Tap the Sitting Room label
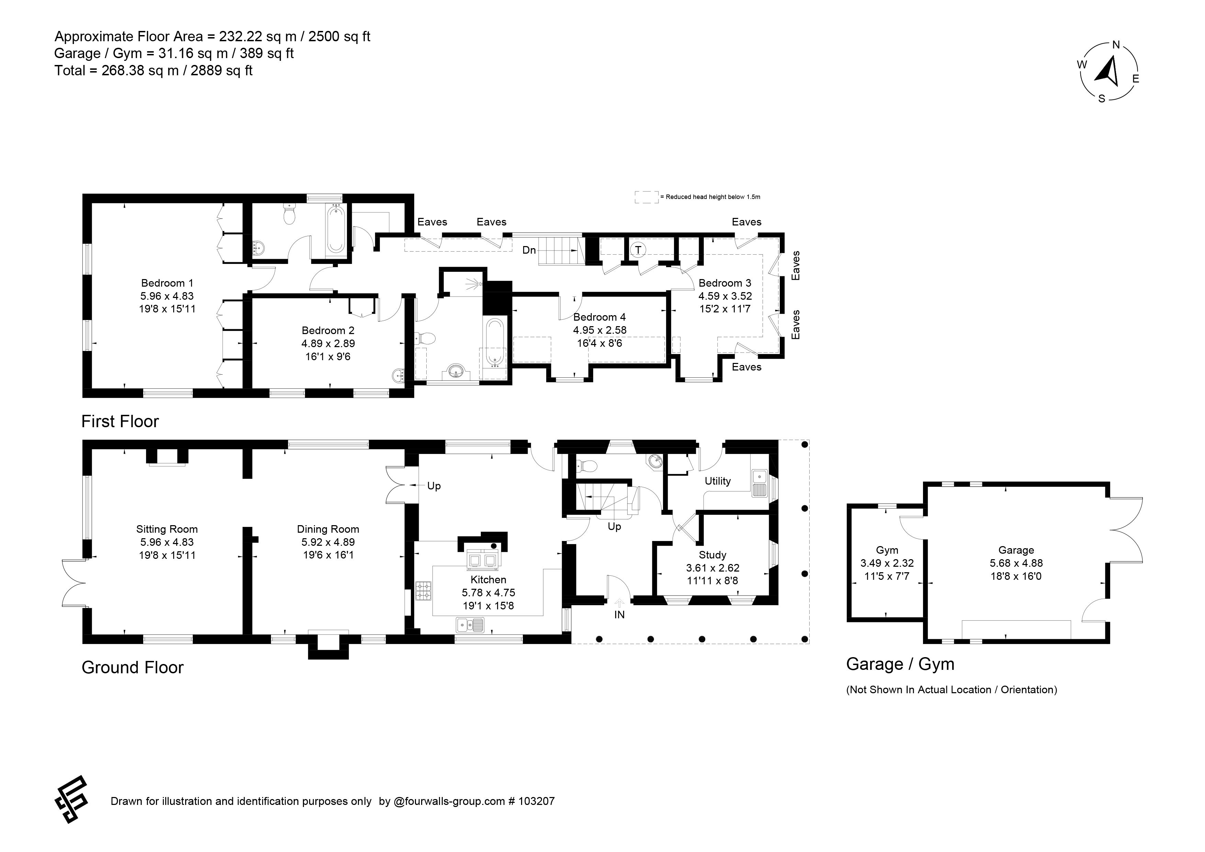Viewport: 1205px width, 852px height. [167, 529]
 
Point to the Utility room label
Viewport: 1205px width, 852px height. [718, 481]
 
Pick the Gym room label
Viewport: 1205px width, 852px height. [887, 550]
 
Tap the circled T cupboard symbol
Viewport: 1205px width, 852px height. [638, 250]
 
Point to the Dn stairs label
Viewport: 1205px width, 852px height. [529, 251]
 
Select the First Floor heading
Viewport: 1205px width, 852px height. [120, 422]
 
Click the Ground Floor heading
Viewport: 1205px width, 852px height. [133, 668]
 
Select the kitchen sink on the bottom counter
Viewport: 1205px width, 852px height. [470, 625]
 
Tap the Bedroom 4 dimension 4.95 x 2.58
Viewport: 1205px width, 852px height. [600, 330]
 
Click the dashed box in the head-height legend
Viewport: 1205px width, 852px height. [646, 197]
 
